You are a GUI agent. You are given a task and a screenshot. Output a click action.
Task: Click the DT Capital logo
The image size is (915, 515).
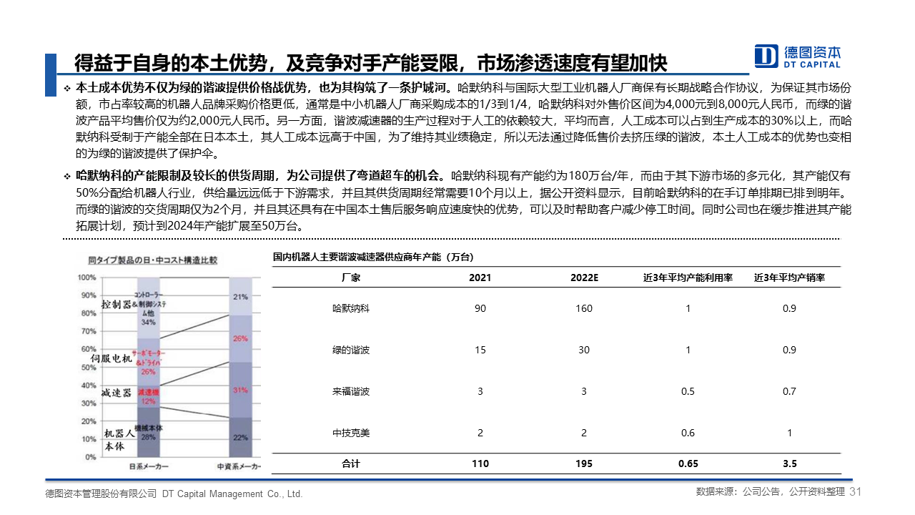(798, 56)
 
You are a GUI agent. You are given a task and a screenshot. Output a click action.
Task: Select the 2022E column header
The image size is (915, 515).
(583, 278)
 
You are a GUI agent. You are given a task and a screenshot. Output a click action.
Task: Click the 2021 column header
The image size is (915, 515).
(480, 278)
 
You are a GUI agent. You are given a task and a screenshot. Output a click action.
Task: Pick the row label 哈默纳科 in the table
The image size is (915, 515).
(350, 309)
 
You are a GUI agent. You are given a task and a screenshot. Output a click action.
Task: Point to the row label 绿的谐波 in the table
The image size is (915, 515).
(350, 350)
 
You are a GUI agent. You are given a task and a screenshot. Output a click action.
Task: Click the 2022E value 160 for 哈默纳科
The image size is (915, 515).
(583, 309)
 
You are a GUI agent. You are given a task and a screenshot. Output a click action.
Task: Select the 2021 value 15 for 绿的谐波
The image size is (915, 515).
(480, 350)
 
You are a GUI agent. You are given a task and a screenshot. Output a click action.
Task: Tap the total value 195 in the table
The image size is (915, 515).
(583, 463)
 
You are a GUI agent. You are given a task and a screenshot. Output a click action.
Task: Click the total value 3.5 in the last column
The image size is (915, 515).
(789, 463)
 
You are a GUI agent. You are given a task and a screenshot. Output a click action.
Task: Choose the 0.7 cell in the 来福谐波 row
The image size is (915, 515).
(789, 391)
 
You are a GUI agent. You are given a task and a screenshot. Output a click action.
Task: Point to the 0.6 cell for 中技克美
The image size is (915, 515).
(688, 433)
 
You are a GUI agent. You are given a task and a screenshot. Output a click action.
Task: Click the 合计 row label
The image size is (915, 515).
(350, 463)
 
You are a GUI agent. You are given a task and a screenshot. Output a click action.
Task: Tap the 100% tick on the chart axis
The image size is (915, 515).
(86, 277)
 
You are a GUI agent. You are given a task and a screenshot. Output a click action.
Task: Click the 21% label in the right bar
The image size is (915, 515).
(240, 296)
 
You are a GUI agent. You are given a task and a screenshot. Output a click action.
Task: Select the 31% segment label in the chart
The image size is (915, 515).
(240, 391)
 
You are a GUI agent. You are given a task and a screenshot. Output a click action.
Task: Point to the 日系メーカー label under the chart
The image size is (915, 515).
(149, 467)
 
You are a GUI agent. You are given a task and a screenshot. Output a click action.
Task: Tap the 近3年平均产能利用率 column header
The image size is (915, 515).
(688, 278)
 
